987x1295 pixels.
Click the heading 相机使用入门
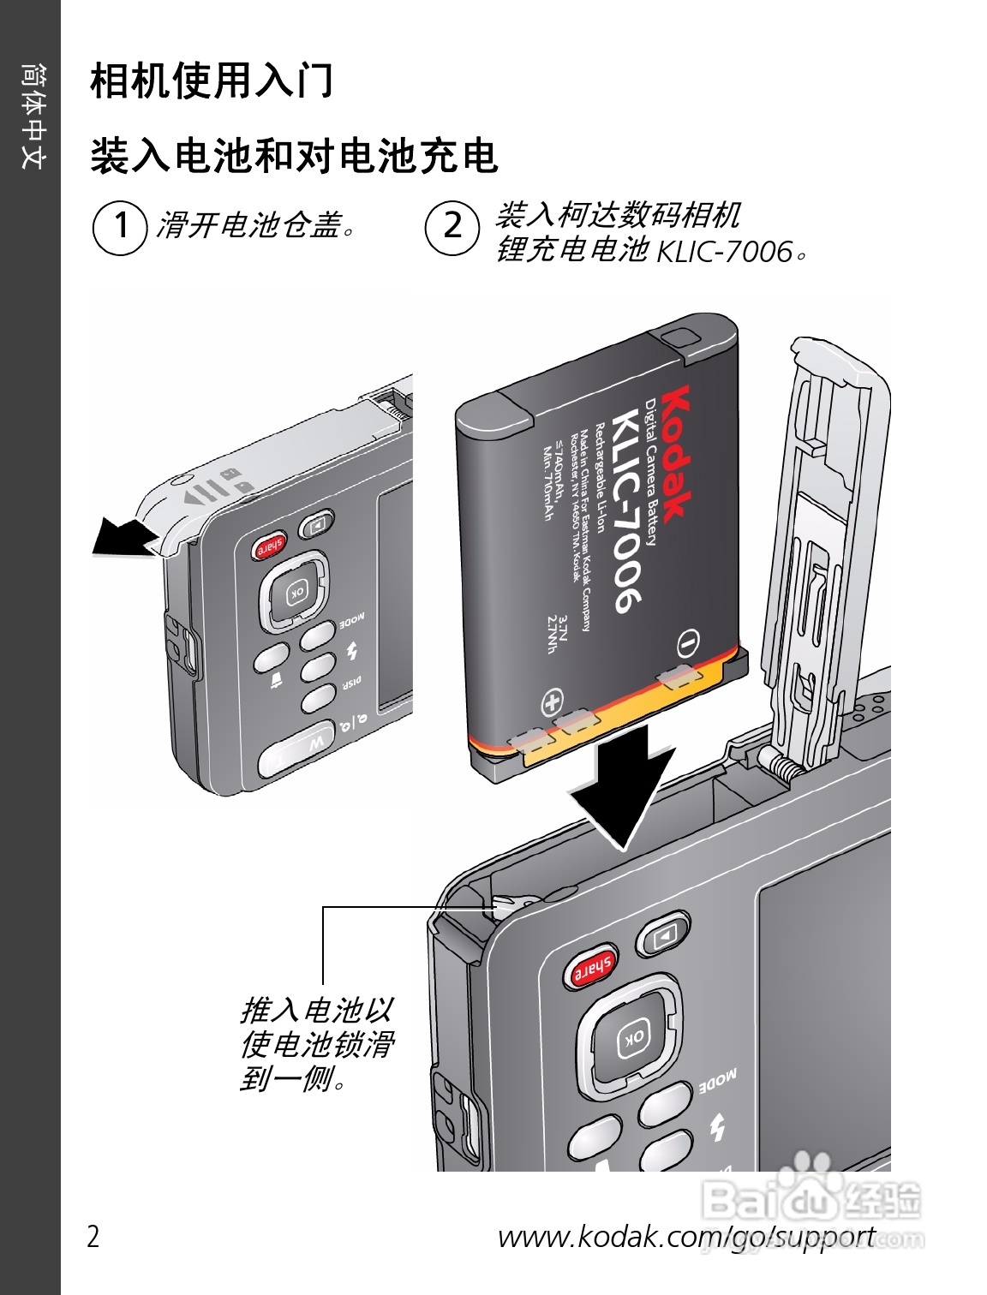coord(212,81)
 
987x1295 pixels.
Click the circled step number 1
coord(119,228)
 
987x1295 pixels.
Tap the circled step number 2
coord(452,228)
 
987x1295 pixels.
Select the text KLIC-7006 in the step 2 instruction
coord(724,252)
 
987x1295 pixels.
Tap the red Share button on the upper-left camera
coord(269,547)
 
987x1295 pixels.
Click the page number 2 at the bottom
coord(93,1236)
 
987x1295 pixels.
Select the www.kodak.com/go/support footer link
coord(685,1236)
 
